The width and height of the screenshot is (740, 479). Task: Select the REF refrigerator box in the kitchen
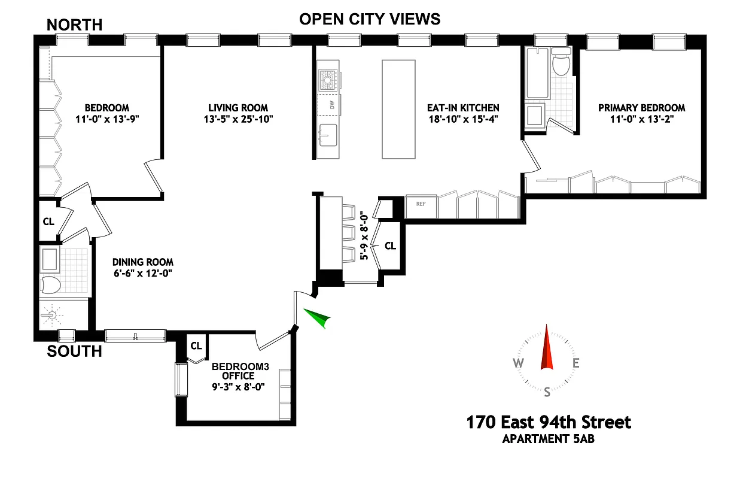[421, 204]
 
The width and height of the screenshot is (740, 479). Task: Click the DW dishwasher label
[331, 105]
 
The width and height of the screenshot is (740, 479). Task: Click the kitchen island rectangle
[398, 109]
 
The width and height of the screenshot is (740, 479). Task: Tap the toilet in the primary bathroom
[561, 64]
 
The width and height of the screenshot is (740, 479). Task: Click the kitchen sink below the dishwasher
[327, 135]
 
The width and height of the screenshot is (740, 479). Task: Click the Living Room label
[238, 108]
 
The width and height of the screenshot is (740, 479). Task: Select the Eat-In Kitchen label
[462, 108]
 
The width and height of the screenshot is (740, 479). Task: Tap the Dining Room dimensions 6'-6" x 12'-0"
[143, 273]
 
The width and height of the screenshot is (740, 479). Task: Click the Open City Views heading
[370, 19]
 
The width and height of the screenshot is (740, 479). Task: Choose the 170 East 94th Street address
[548, 423]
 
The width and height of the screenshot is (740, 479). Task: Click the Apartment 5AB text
[548, 439]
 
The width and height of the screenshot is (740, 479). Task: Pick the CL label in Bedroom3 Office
[196, 346]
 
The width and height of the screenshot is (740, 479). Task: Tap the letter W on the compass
[518, 363]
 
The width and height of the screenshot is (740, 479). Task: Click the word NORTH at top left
[74, 25]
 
